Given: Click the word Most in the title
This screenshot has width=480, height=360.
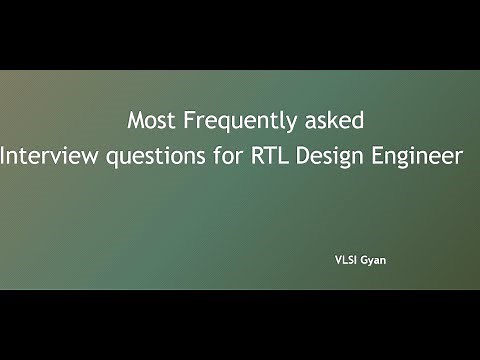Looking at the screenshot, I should tap(149, 121).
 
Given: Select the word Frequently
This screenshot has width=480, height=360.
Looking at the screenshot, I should tap(229, 122).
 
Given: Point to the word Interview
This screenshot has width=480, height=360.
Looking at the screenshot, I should tap(40, 156).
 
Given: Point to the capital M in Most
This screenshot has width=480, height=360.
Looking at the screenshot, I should tap(135, 121).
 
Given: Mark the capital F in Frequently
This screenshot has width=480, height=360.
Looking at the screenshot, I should tap(186, 121).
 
